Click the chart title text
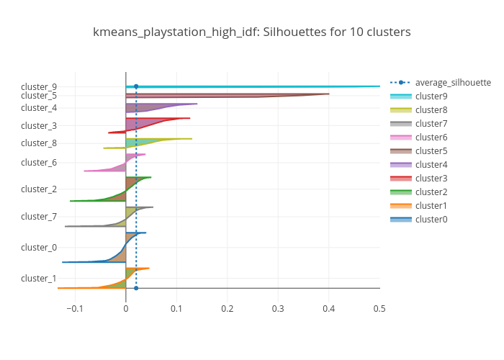[252, 32]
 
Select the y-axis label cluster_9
[39, 86]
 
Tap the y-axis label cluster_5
[39, 95]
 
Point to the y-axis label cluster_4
[39, 108]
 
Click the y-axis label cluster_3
[39, 125]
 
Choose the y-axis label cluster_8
[39, 143]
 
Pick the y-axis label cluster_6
[39, 162]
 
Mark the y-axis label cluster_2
[39, 189]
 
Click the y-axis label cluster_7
[39, 216]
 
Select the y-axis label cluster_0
[39, 247]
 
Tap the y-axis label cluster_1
[39, 278]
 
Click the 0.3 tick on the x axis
[278, 308]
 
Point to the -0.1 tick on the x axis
[73, 308]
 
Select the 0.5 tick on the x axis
[379, 308]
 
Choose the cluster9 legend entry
[431, 96]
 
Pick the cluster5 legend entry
[431, 150]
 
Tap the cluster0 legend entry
[431, 219]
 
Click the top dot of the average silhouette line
[136, 86]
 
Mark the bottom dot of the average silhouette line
[136, 288]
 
